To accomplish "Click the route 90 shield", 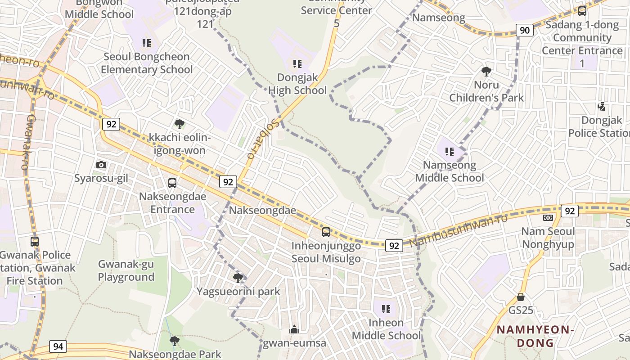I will tap(524, 30).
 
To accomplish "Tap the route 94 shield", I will tap(58, 346).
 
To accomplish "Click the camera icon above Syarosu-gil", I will tap(101, 165).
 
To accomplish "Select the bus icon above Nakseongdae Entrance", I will tap(172, 183).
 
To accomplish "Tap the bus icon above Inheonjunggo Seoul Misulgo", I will tap(326, 232).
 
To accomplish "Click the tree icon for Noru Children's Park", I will tap(486, 71).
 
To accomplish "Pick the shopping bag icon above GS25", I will tap(521, 297).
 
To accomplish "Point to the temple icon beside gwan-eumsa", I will tap(294, 330).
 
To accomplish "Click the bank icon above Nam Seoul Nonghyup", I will tap(548, 218).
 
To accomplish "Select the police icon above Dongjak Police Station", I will tap(601, 107).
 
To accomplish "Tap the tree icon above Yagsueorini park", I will tap(238, 278).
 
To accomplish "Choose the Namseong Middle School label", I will tap(449, 171).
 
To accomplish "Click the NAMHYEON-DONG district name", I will tap(535, 336).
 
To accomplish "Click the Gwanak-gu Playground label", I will tap(126, 270).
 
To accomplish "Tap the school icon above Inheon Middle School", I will tap(386, 309).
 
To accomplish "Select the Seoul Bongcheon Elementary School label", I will tap(147, 63).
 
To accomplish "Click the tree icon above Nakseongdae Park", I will tap(175, 341).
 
